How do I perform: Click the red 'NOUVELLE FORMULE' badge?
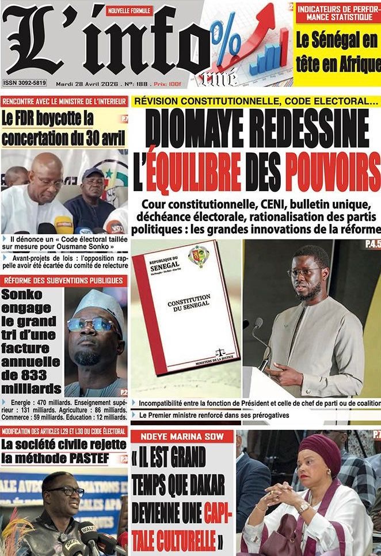[129, 10]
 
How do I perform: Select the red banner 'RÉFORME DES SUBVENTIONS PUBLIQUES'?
[63, 280]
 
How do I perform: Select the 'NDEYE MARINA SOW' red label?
[182, 436]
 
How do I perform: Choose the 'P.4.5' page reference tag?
[372, 245]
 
